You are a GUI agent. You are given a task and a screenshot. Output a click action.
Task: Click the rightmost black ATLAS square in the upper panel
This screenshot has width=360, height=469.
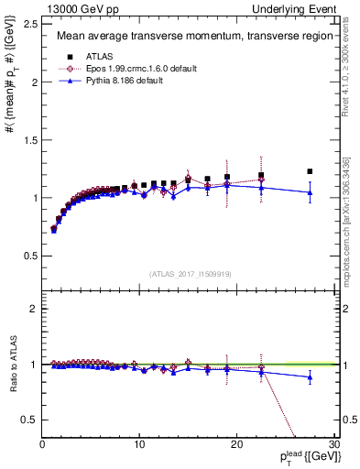[310, 171]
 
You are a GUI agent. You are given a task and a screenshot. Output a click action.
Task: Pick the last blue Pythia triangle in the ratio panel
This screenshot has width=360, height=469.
[310, 377]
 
